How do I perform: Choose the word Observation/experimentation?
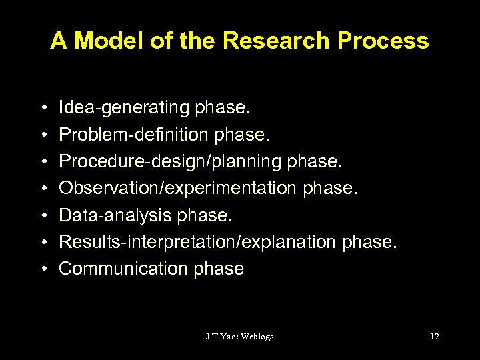[178, 187]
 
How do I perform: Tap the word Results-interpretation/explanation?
[198, 241]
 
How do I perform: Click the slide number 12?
[435, 336]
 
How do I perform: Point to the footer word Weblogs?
[257, 336]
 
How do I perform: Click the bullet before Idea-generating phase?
[42, 107]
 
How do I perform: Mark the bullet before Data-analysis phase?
[42, 215]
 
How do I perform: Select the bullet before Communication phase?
[42, 269]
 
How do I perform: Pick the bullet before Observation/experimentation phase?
[42, 188]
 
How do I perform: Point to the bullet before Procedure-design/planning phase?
[42, 161]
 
